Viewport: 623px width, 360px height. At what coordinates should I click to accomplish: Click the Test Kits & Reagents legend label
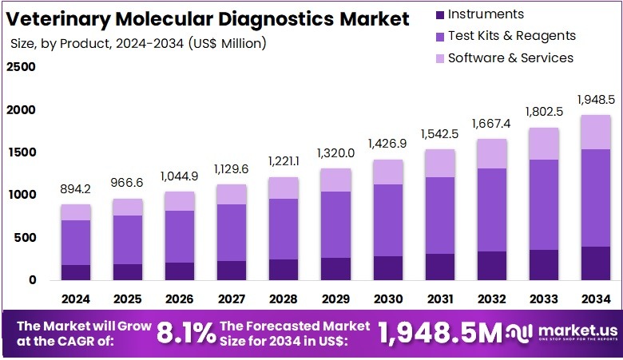pos(511,36)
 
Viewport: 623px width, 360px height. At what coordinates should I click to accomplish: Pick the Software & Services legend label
pos(510,57)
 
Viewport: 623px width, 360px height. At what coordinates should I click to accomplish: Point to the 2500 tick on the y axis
pos(22,67)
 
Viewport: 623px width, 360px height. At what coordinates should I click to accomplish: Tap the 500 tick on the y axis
pos(26,238)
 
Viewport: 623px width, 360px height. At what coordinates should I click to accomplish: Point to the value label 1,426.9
pos(387,144)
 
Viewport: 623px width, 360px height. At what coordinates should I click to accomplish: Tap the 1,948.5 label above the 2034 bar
pos(595,100)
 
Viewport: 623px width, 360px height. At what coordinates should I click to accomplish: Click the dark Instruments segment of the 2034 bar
pos(595,263)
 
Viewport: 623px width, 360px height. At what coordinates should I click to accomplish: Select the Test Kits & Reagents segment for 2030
pos(387,220)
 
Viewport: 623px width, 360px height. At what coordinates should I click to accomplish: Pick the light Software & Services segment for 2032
pos(491,153)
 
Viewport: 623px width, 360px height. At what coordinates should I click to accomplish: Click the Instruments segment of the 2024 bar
pos(76,272)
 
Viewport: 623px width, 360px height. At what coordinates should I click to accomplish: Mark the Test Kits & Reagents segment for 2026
pos(180,236)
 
